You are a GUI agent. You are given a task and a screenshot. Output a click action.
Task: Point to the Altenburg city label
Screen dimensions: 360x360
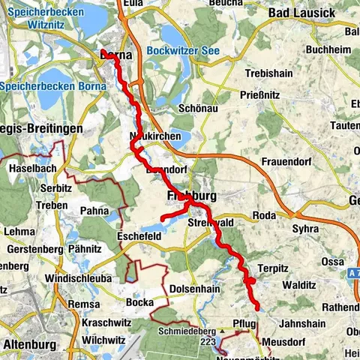pyautogui.click(x=31, y=344)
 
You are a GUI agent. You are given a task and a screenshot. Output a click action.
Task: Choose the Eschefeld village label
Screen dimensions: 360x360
pyautogui.click(x=140, y=235)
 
